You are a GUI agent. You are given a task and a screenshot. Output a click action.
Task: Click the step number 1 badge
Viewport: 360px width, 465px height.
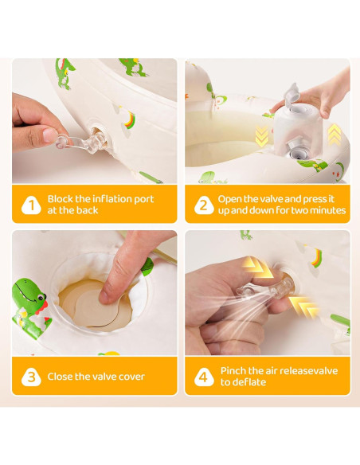click(x=31, y=205)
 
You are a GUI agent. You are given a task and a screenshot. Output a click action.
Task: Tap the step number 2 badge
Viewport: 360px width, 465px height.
click(x=204, y=205)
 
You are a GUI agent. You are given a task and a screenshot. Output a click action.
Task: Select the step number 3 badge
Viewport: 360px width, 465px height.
click(x=31, y=377)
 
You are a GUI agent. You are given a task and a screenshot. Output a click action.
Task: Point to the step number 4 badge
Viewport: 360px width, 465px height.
click(x=204, y=377)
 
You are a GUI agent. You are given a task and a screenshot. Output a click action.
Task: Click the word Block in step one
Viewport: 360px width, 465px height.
click(x=61, y=199)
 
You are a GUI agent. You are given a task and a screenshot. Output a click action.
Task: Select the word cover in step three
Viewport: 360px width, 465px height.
click(x=131, y=377)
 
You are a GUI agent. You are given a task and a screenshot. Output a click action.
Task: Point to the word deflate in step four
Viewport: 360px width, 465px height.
click(x=250, y=382)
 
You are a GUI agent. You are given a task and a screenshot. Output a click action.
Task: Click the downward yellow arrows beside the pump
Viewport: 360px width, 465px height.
click(x=261, y=136)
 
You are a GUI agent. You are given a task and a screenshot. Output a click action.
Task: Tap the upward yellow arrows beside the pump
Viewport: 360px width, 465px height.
click(x=335, y=135)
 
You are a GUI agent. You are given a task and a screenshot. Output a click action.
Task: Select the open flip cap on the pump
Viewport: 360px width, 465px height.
click(x=291, y=94)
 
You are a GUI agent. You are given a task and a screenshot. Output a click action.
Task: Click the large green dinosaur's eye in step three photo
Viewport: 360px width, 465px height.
click(x=41, y=296)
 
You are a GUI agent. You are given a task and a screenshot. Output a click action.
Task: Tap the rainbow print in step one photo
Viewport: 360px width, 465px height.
click(x=130, y=119)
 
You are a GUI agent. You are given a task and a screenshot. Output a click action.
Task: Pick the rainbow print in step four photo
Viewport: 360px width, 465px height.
click(x=317, y=258)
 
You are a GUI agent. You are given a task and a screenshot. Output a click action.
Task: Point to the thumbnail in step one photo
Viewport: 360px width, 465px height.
click(x=50, y=135)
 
